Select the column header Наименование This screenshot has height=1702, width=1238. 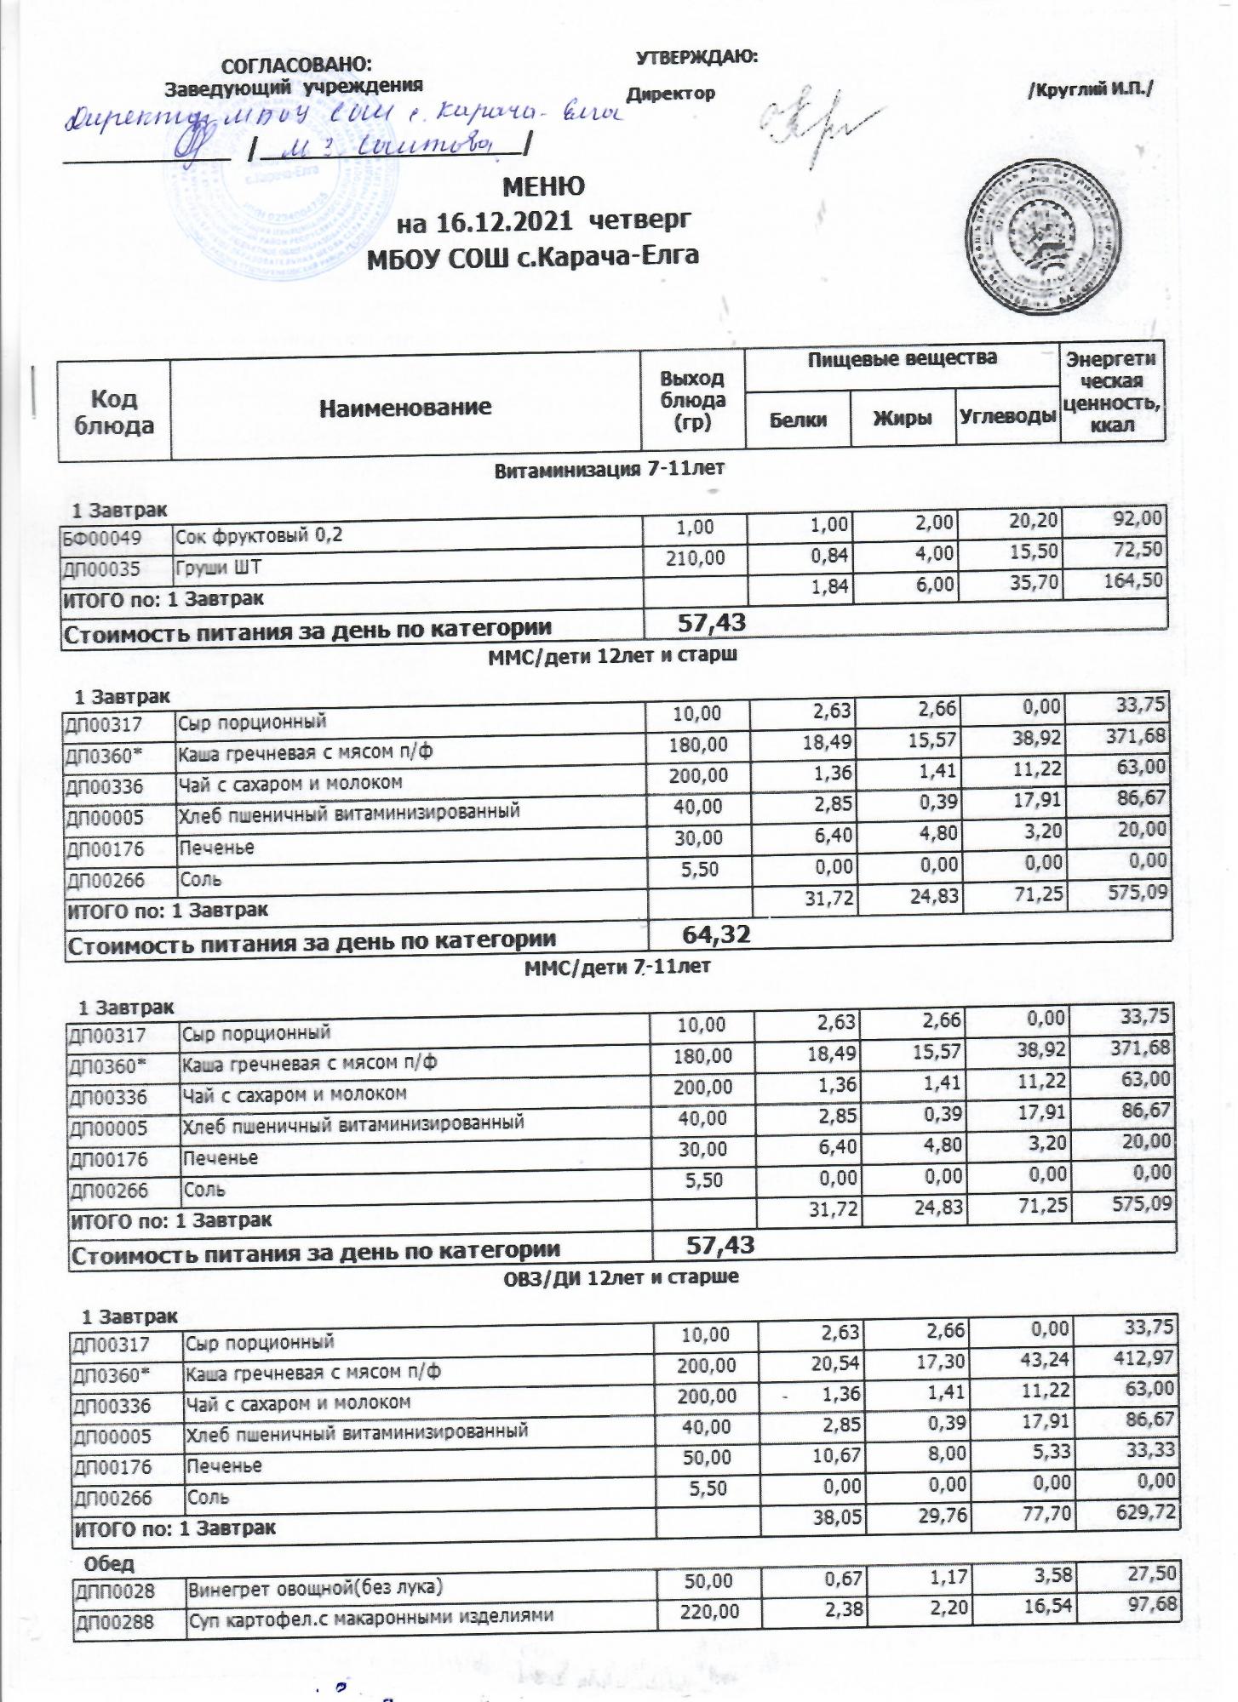[405, 407]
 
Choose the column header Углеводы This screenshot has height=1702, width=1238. [1007, 417]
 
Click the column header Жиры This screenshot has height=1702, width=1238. [903, 418]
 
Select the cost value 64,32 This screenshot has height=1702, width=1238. [716, 934]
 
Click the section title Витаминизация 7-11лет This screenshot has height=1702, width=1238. [609, 468]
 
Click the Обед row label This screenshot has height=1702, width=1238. [108, 1564]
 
